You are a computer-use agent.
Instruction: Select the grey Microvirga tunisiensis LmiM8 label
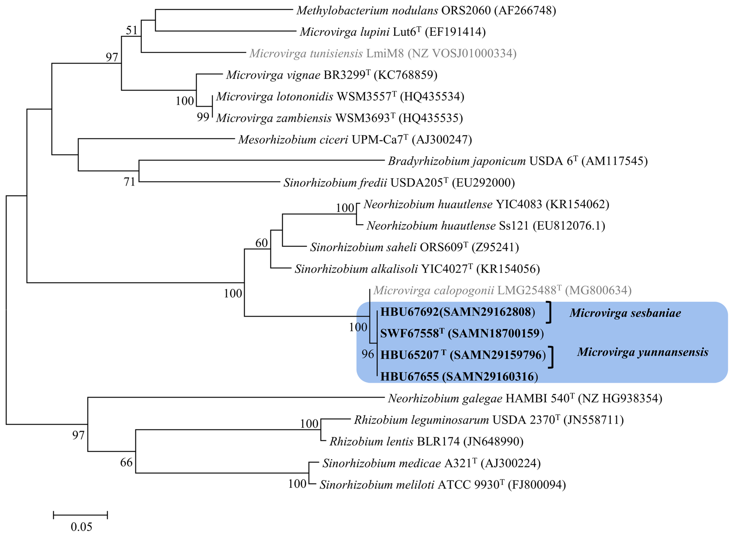point(383,53)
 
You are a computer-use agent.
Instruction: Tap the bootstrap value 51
point(132,31)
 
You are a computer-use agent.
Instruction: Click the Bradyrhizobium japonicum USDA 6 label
point(517,161)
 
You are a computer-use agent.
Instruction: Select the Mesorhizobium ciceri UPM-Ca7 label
point(355,139)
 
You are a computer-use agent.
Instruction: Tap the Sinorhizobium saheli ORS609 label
point(414,247)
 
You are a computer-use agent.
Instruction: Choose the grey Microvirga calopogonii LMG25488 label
point(502,290)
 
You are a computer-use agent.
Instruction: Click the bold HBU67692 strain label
point(457,312)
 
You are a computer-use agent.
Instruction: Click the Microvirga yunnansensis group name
point(642,352)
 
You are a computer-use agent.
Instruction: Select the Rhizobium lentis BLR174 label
point(426,442)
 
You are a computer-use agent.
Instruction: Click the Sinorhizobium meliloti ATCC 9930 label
point(442,485)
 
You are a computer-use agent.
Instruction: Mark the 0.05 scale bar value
point(81,527)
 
